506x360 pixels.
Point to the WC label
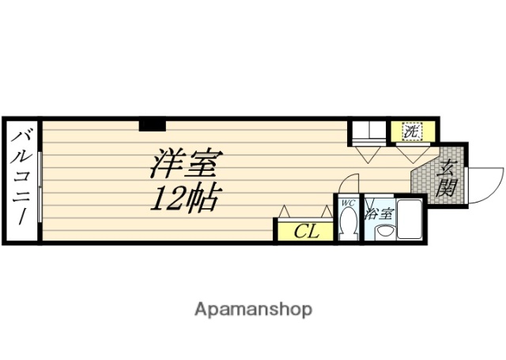[x=347, y=203]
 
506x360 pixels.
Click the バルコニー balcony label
[x=21, y=179]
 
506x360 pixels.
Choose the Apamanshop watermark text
[x=254, y=309]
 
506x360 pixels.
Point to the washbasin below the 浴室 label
[x=383, y=232]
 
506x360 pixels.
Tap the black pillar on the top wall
[x=152, y=124]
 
